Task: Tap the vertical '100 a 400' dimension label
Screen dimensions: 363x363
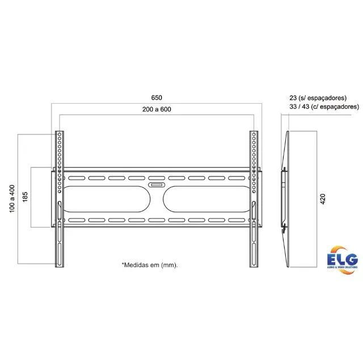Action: point(12,198)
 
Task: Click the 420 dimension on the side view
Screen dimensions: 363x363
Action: point(322,199)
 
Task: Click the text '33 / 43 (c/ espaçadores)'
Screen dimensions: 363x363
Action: point(323,106)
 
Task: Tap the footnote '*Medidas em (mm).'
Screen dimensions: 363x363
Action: point(150,265)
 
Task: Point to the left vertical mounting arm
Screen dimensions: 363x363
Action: point(60,198)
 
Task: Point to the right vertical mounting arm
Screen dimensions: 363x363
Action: point(254,198)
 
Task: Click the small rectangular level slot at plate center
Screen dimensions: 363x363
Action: point(157,184)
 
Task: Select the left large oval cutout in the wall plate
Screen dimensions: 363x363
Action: point(108,198)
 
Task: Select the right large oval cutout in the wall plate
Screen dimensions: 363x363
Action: point(206,198)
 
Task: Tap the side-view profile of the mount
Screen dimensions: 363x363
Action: point(285,198)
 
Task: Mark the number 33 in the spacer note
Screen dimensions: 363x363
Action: point(293,106)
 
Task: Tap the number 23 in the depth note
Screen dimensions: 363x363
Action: point(293,98)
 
